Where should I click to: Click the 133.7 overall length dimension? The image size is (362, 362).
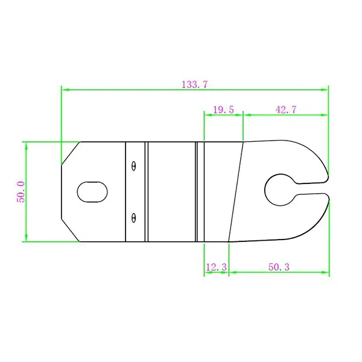[195, 84]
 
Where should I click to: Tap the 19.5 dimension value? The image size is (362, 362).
[223, 110]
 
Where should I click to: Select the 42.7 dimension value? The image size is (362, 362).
[286, 110]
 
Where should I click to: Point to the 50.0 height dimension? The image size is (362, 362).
[21, 192]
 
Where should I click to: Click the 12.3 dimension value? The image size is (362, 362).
[217, 267]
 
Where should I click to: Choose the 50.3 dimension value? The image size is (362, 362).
[279, 267]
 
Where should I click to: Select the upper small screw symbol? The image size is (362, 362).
[133, 166]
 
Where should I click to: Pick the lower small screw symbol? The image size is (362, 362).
[133, 218]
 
